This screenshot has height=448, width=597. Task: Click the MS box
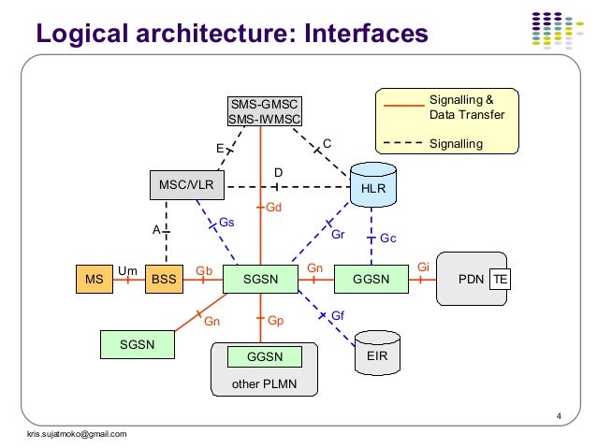pos(95,280)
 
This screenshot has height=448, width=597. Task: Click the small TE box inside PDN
pos(502,280)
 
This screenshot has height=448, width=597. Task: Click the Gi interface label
pos(423,267)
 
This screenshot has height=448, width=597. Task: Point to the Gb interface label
pos(202,270)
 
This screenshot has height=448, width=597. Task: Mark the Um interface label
pos(127,270)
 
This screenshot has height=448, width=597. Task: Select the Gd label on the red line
pos(274,207)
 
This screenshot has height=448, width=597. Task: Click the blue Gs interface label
pos(226,223)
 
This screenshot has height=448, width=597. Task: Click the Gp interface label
pos(275,321)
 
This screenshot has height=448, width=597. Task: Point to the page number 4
pos(558,416)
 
